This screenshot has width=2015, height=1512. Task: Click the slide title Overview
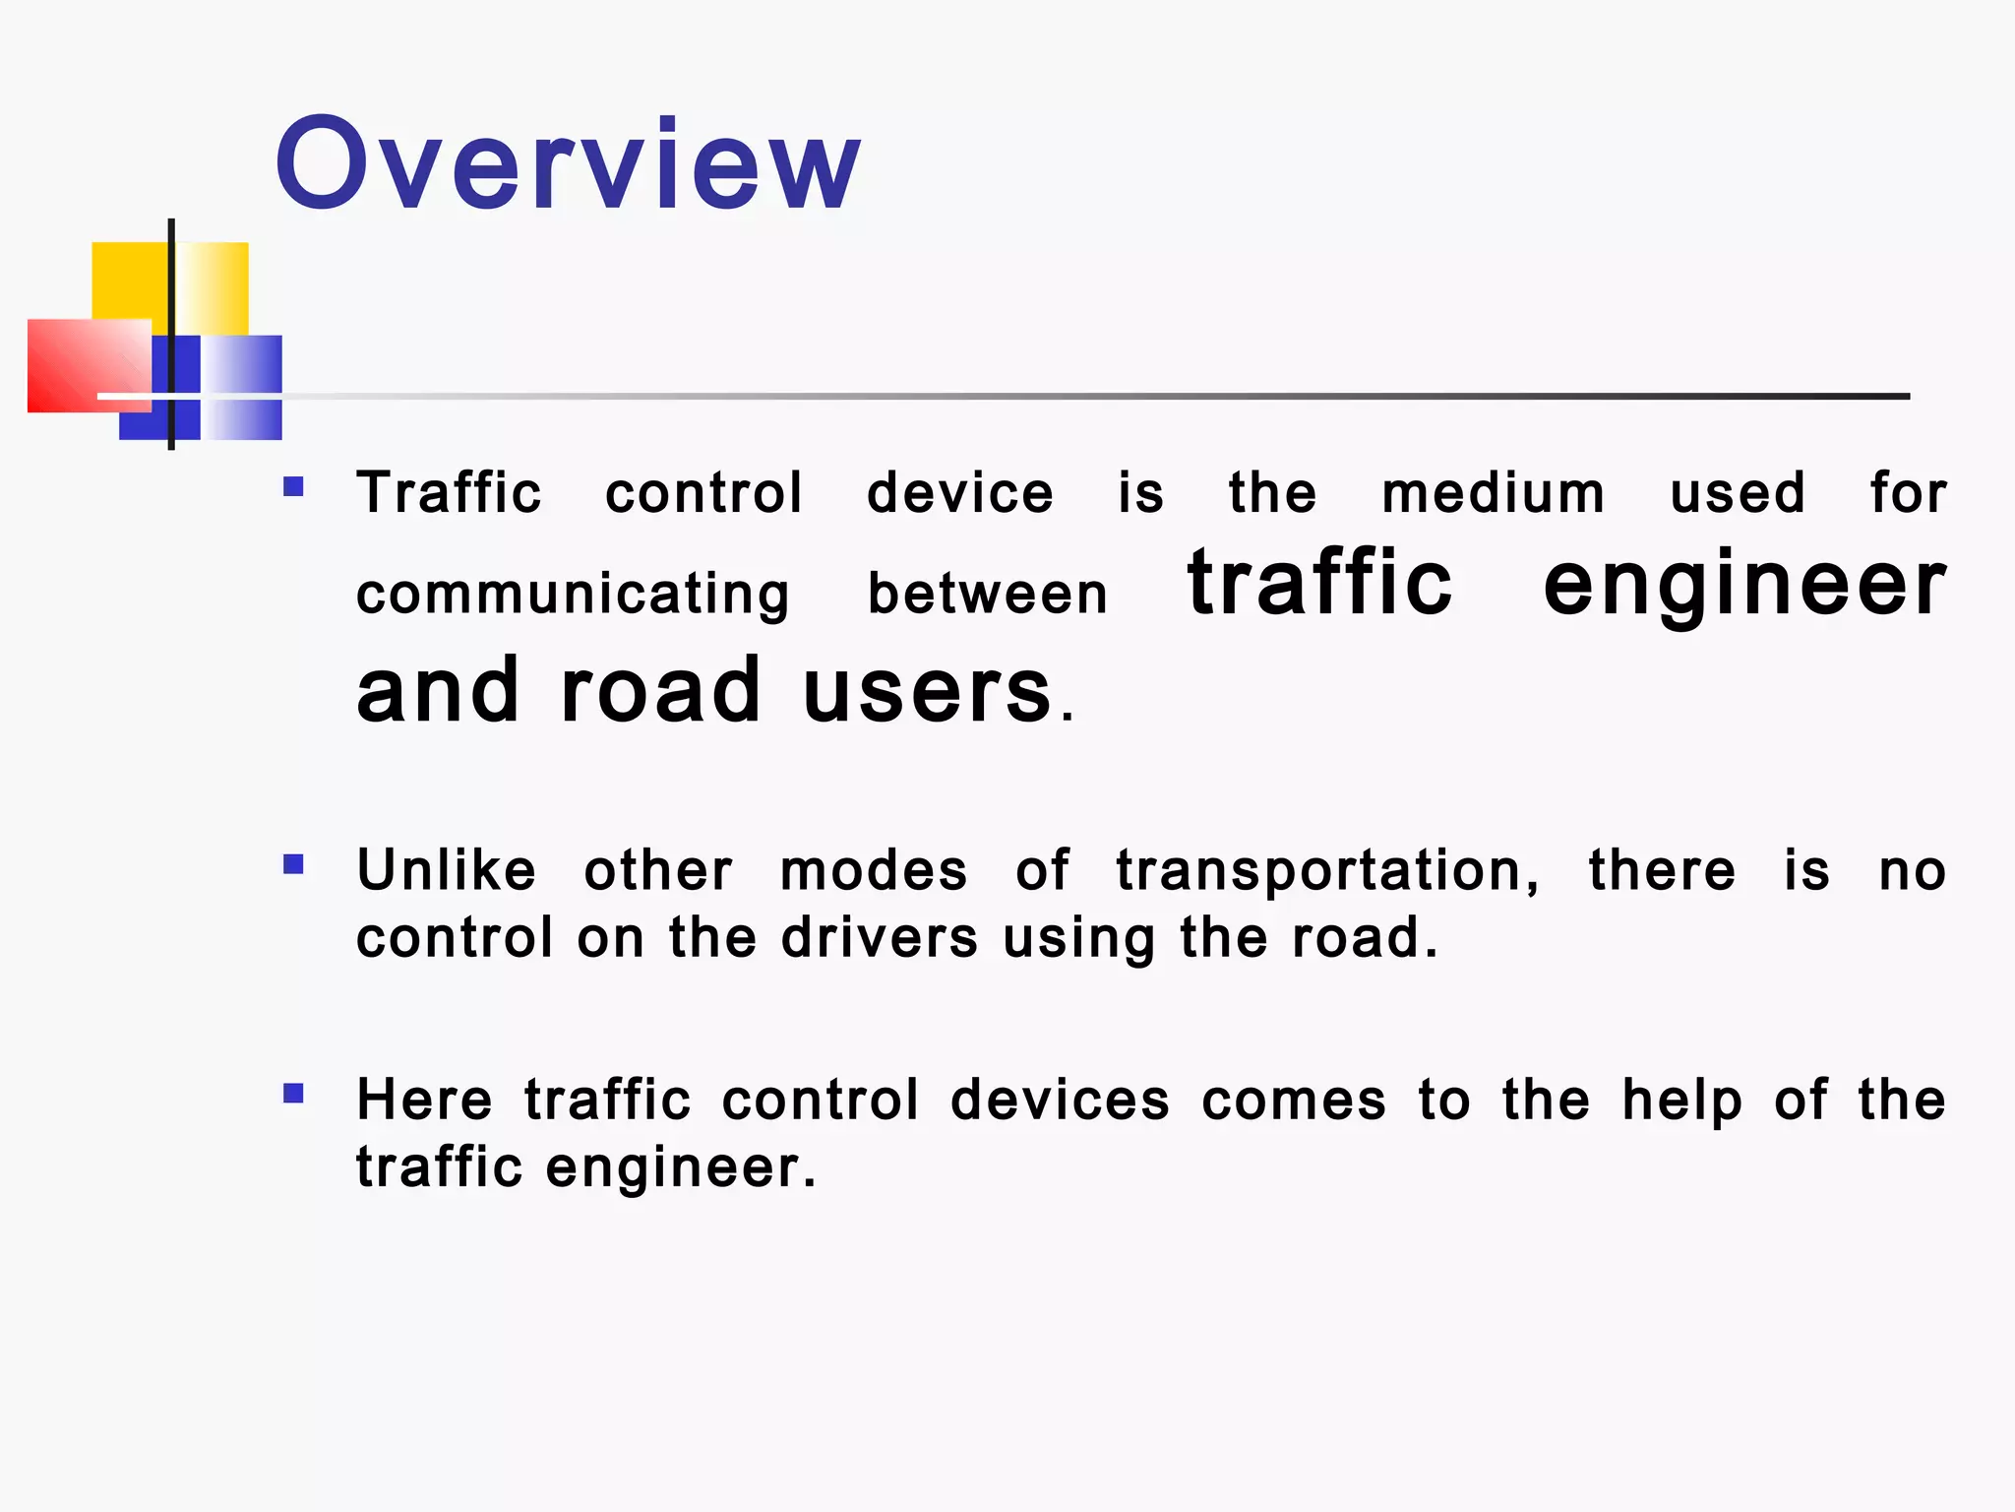568,163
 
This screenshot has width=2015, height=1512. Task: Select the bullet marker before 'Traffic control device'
293,486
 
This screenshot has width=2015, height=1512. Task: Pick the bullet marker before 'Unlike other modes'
293,864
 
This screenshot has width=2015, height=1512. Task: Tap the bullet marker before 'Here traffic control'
293,1094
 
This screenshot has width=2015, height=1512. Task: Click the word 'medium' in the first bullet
1493,492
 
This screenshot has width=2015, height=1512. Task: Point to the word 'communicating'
573,595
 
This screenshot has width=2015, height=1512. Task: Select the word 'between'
988,594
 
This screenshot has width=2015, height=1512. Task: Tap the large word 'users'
927,690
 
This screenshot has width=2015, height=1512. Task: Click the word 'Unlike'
447,870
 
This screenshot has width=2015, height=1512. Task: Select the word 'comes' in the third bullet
1293,1100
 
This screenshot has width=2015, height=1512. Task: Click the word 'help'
1681,1101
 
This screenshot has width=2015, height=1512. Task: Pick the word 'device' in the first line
959,492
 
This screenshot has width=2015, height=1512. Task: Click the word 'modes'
874,871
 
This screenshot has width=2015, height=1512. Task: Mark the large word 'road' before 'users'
660,690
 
